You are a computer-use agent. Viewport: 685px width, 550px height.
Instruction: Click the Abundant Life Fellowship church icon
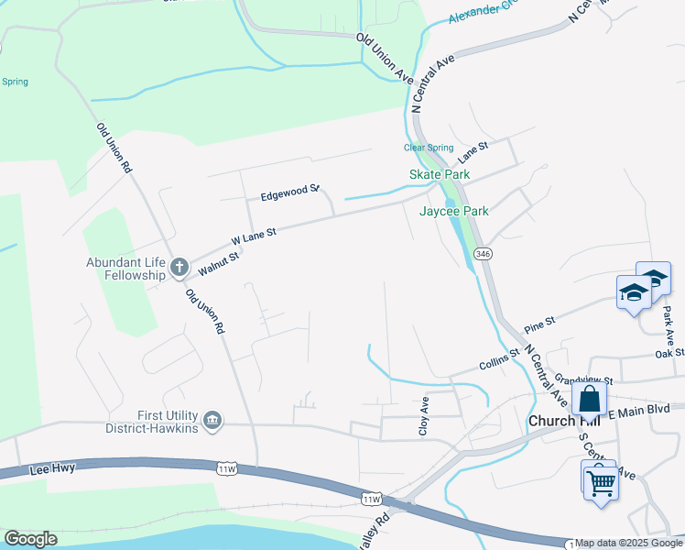(179, 269)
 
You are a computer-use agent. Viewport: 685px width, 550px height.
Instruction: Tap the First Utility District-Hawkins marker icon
(212, 420)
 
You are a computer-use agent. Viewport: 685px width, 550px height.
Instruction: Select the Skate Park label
(439, 174)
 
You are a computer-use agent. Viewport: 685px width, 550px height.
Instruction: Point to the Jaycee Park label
(453, 211)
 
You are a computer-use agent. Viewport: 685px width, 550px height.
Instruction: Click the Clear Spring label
(429, 148)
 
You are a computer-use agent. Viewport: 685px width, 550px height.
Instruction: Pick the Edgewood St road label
(288, 193)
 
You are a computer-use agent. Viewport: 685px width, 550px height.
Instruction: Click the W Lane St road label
(254, 235)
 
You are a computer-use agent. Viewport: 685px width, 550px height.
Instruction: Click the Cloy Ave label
(425, 417)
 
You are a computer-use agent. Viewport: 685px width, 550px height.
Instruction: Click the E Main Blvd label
(646, 412)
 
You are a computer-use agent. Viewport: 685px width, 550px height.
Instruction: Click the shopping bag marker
(589, 399)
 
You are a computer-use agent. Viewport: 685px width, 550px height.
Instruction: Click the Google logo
(30, 539)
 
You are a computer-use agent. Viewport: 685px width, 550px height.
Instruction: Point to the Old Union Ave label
(386, 57)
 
